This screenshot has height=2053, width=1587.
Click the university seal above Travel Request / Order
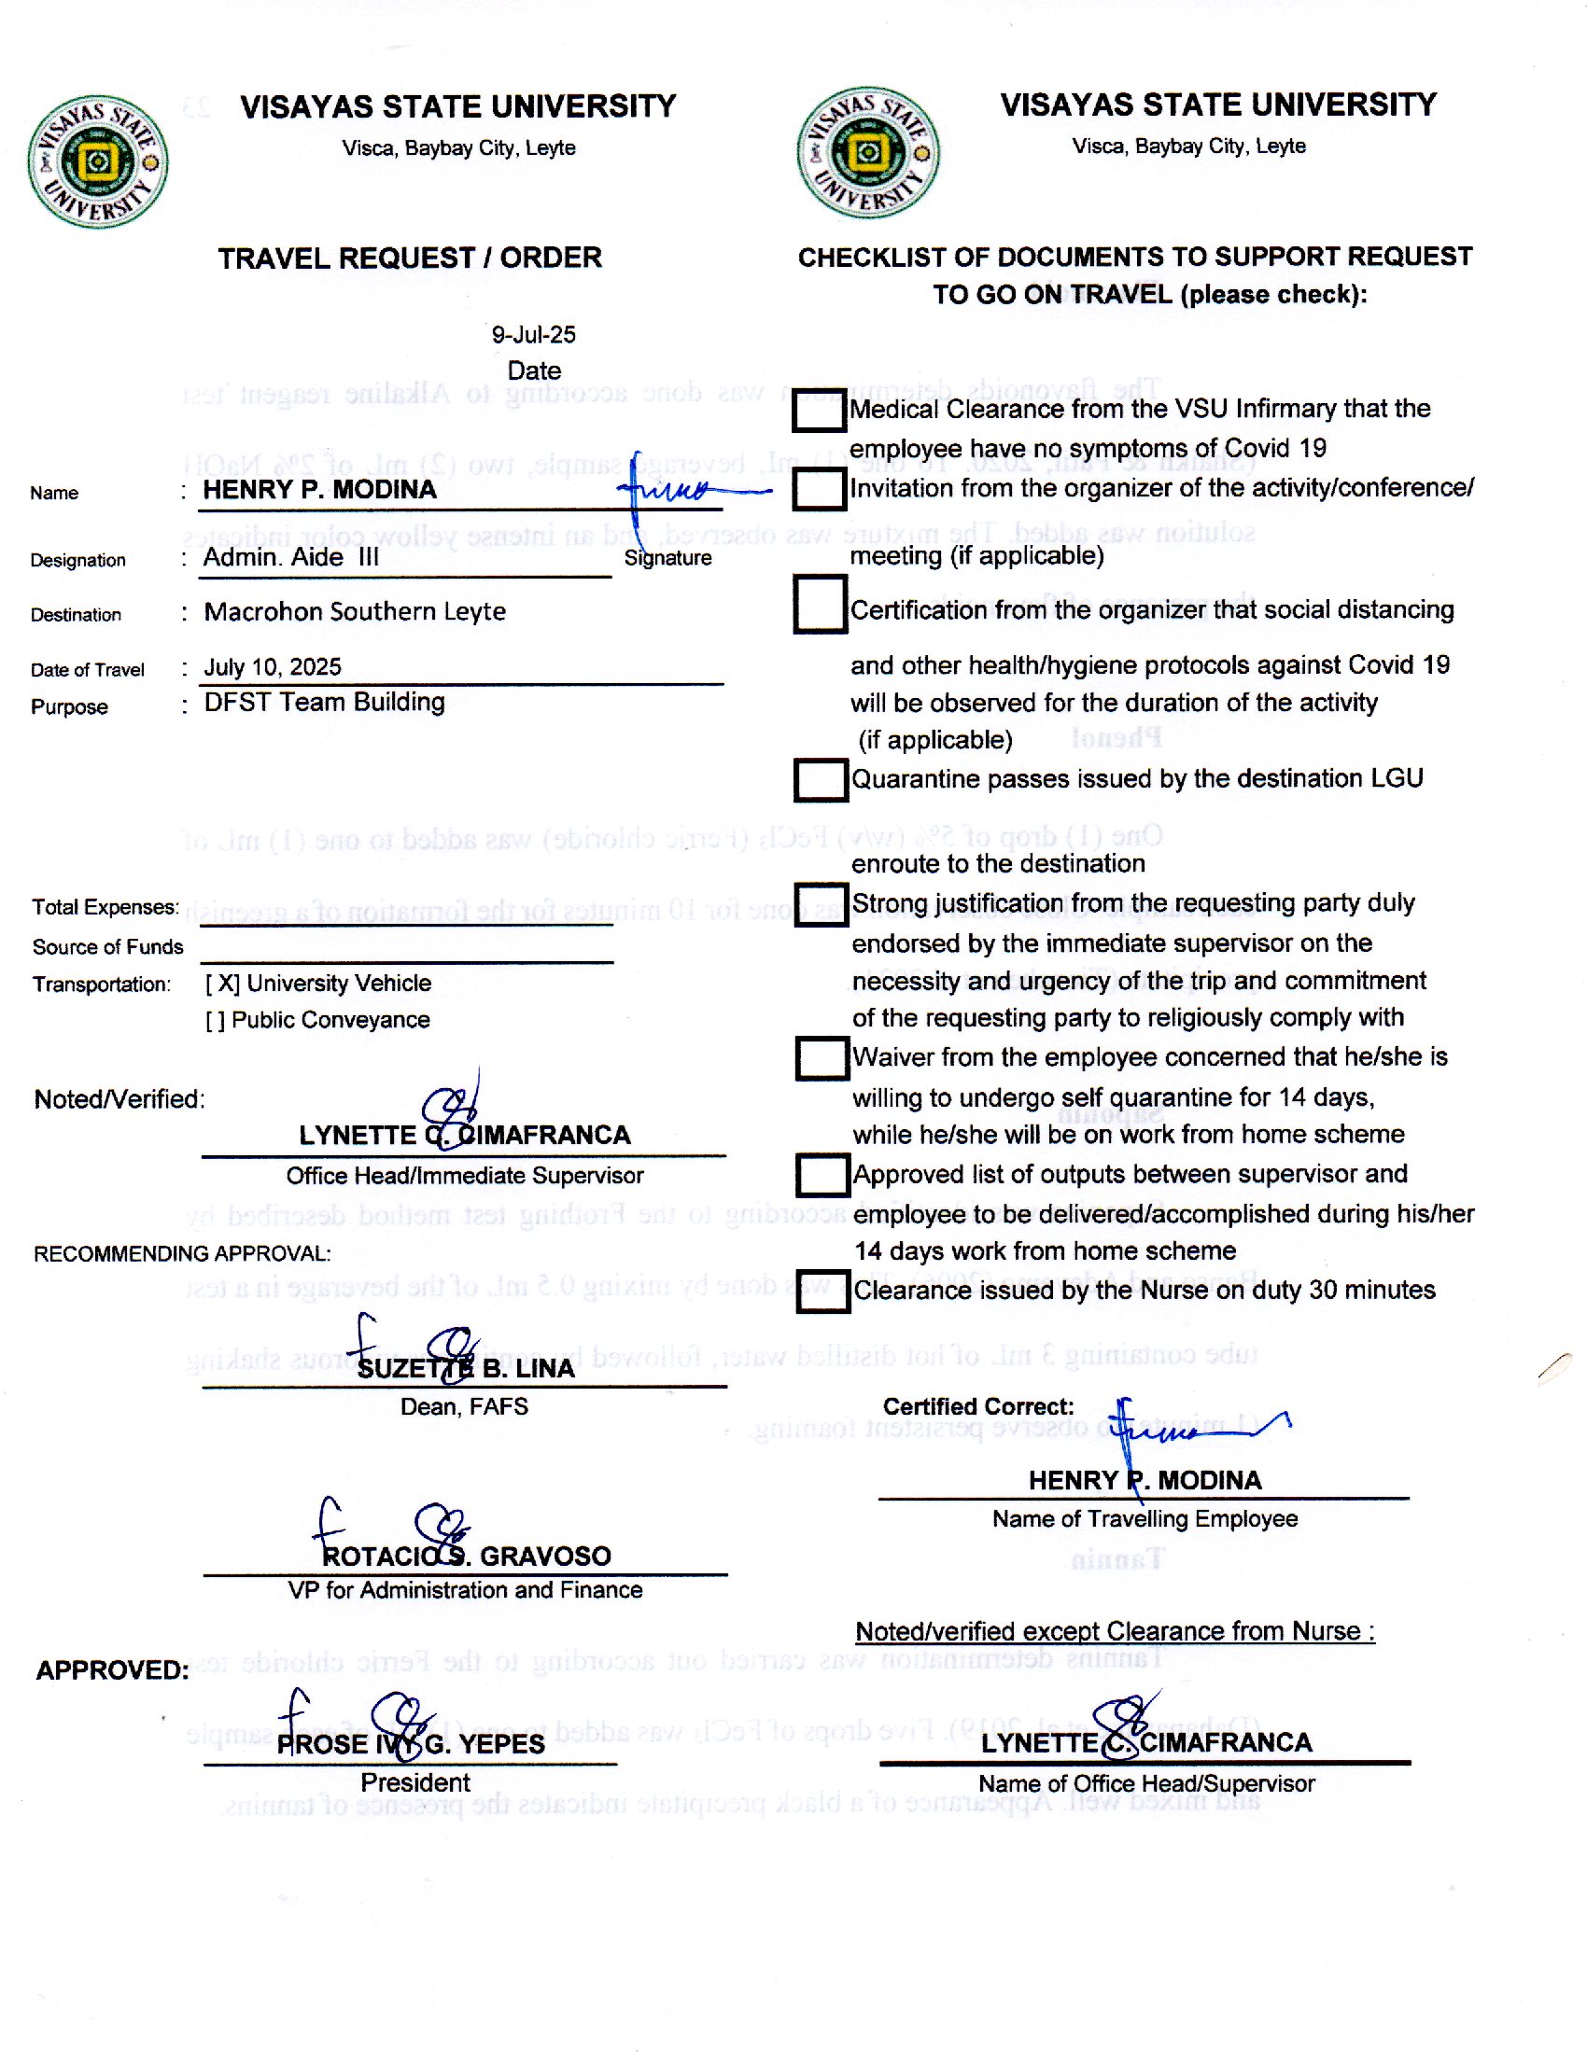[x=98, y=161]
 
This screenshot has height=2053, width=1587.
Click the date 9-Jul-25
[x=533, y=335]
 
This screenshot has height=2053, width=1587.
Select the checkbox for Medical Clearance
[x=819, y=411]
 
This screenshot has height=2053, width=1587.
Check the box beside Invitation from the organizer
[x=819, y=489]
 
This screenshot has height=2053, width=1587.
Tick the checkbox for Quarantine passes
[x=821, y=780]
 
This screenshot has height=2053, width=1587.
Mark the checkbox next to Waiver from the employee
[x=822, y=1058]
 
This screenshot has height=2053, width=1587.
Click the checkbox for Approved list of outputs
[x=822, y=1175]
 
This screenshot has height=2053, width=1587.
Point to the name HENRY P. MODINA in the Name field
[x=319, y=490]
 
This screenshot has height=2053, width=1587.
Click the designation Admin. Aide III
[x=291, y=557]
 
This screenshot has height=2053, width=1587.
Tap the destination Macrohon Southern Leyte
[x=355, y=612]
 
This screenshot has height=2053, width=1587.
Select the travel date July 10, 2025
[x=273, y=667]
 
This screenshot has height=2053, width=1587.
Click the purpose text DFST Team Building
[x=324, y=702]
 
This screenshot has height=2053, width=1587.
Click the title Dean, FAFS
[x=465, y=1407]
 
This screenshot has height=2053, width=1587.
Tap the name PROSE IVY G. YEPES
[x=411, y=1745]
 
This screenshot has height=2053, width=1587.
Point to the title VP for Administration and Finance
[x=466, y=1590]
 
